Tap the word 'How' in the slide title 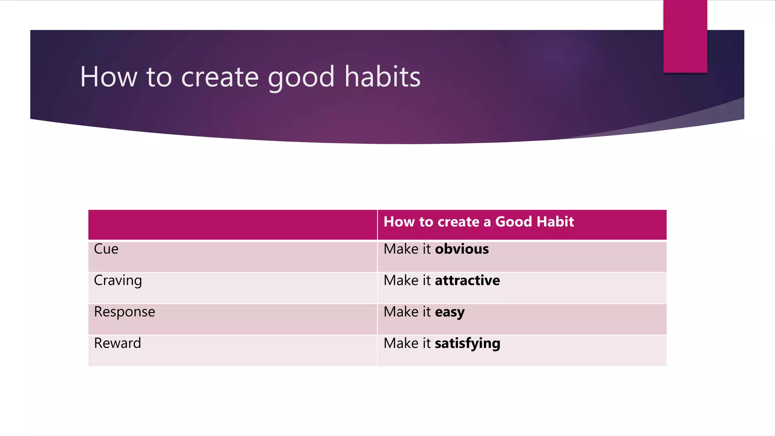coord(108,77)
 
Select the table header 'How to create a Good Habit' coord(478,222)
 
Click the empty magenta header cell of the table coord(232,224)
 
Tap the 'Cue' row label coord(106,249)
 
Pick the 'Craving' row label coord(118,281)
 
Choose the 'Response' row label coord(124,312)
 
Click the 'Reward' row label coord(117,343)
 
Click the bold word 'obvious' coord(462,249)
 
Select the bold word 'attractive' coord(467,280)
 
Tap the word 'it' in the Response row coord(426,312)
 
